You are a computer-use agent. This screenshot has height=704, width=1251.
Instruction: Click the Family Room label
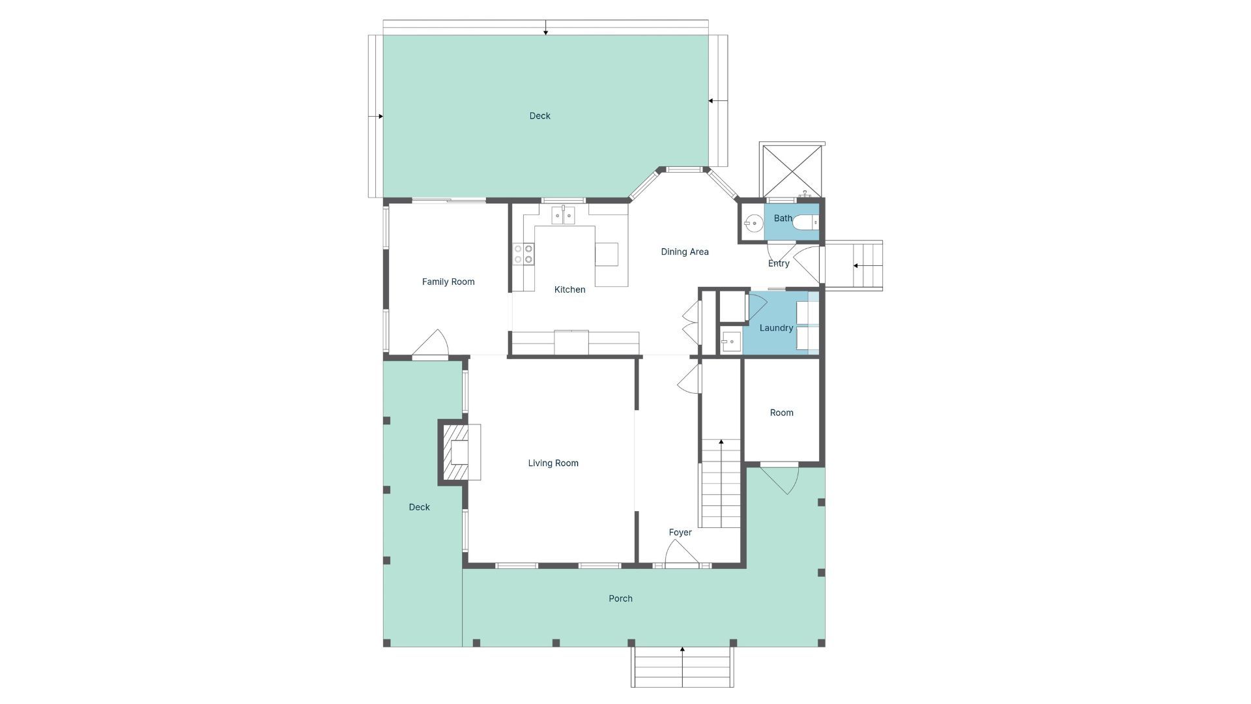(448, 282)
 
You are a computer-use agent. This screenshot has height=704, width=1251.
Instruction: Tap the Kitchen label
(569, 289)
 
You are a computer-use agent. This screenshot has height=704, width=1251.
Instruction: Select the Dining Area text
(685, 252)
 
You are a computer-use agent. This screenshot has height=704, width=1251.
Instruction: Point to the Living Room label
(553, 463)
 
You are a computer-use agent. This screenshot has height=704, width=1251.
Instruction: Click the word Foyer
(680, 533)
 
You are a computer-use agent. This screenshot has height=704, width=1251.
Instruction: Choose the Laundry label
(776, 328)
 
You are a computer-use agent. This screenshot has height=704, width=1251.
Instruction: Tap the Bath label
(783, 218)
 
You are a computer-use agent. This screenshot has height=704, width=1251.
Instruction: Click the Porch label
(620, 598)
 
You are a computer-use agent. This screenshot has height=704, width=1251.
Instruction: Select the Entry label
(779, 263)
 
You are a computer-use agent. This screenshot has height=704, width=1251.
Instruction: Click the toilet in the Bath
(805, 223)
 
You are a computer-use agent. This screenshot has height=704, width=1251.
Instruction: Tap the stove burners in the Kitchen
(523, 254)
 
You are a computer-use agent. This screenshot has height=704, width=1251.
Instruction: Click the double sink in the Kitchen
(563, 215)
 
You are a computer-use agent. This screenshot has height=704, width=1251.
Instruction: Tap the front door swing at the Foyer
(682, 553)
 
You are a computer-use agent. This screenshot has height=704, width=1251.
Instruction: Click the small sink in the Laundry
(730, 341)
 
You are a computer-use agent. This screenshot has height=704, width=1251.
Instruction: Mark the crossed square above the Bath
(792, 171)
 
